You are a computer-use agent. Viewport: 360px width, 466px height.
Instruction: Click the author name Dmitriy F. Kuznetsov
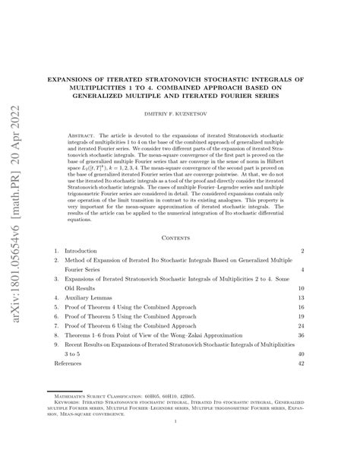[x=180, y=113]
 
